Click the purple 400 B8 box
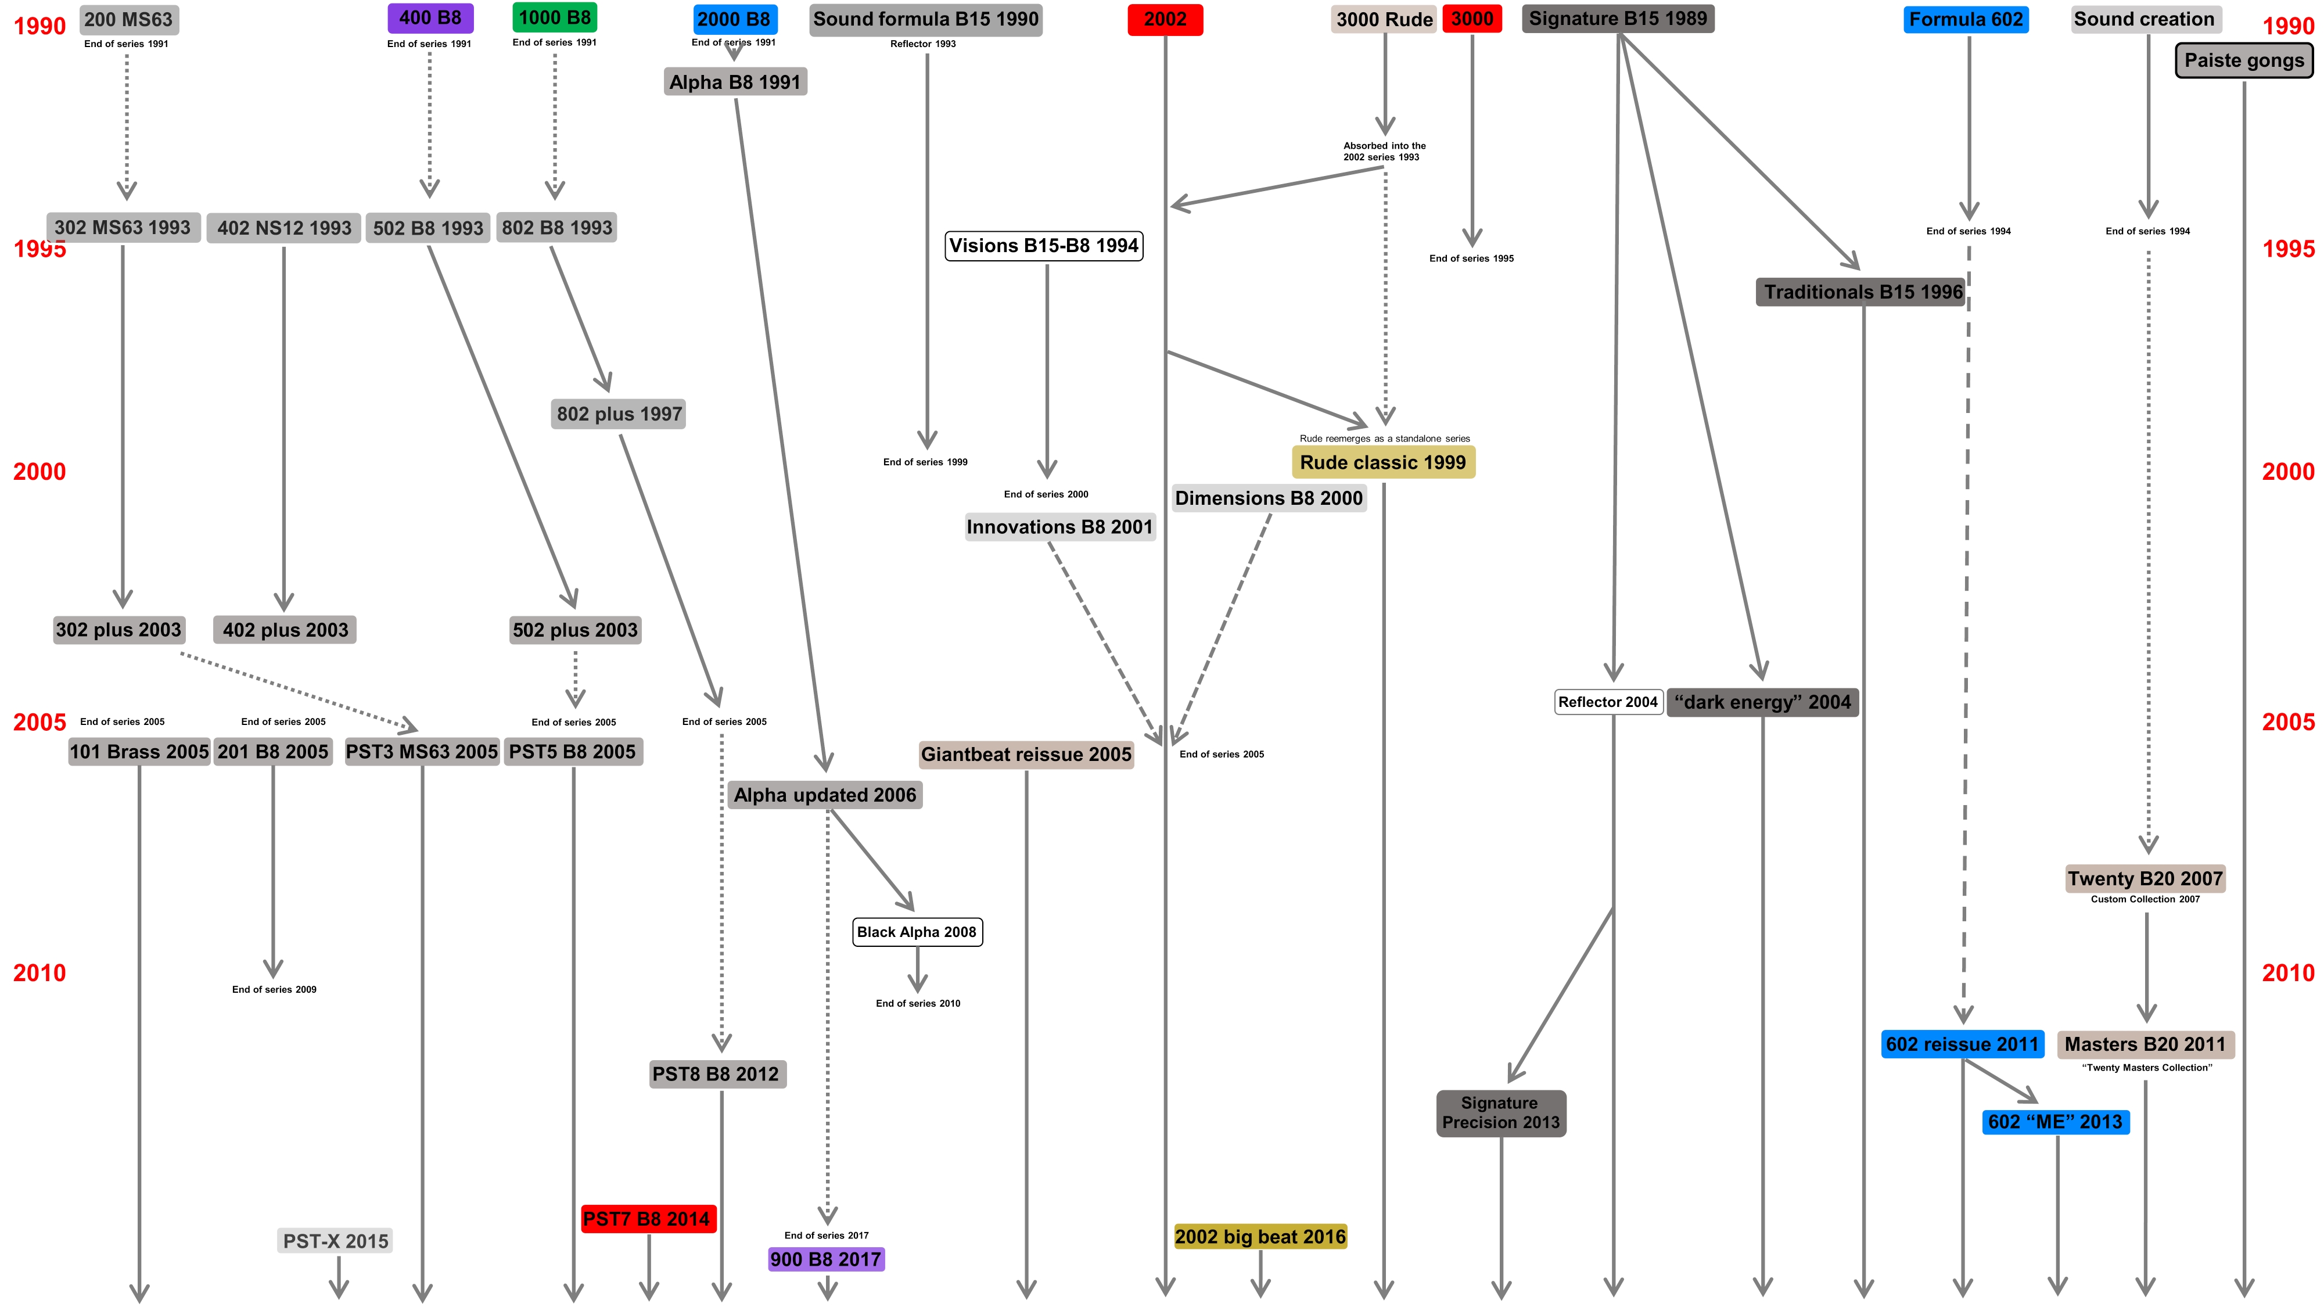pos(430,18)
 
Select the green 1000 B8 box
pos(554,17)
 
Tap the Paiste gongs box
pos(2244,60)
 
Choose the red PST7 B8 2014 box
pos(647,1219)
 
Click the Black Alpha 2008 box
pos(917,932)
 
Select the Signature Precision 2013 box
pos(1500,1113)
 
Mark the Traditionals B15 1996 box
pos(1863,292)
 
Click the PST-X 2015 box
pos(336,1241)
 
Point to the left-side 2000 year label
pos(39,472)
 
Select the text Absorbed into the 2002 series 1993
pos(1384,152)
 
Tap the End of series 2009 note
pos(274,989)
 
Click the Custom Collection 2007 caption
pos(2145,899)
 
